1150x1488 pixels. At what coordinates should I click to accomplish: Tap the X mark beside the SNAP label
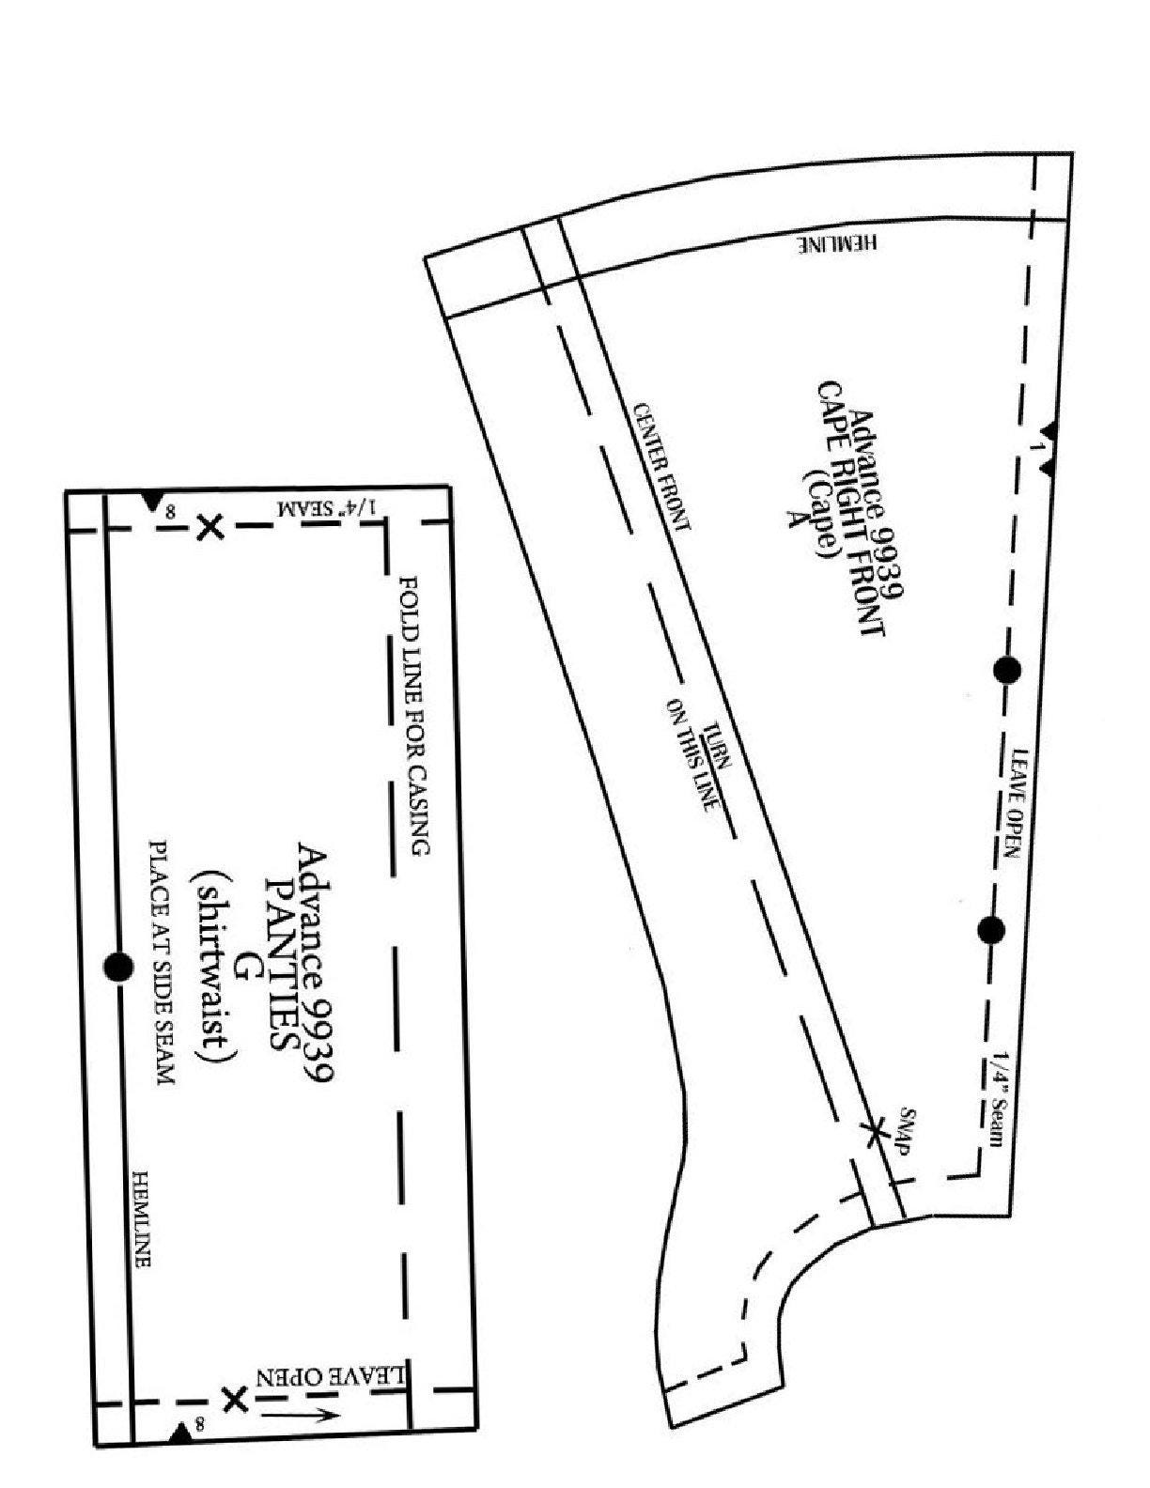pyautogui.click(x=873, y=1131)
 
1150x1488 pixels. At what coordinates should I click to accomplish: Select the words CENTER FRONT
pyautogui.click(x=660, y=466)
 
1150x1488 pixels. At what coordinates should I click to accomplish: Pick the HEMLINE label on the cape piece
pyautogui.click(x=839, y=243)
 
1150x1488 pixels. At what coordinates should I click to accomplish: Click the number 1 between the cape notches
pyautogui.click(x=1037, y=447)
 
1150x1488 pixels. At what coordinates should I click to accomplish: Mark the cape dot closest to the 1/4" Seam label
pyautogui.click(x=991, y=930)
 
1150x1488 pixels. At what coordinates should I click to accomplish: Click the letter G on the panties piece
pyautogui.click(x=243, y=967)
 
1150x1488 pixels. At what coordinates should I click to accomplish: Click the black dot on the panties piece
pyautogui.click(x=118, y=967)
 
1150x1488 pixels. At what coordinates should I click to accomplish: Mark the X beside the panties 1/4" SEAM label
pyautogui.click(x=210, y=527)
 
